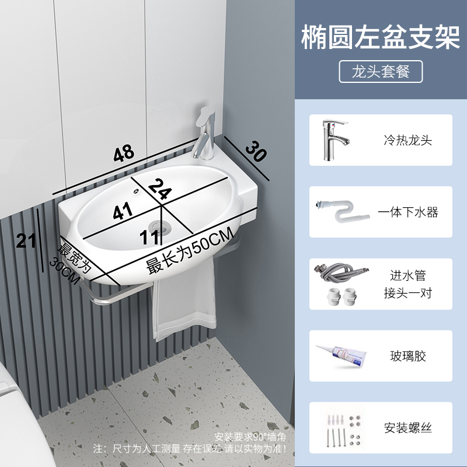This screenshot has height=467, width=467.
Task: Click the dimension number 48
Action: tap(124, 154)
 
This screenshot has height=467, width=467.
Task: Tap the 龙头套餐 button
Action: tap(381, 71)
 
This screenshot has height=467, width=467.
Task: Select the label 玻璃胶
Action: tap(407, 356)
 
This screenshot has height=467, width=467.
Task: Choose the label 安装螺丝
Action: tap(407, 427)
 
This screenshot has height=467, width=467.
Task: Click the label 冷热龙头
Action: tap(407, 140)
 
